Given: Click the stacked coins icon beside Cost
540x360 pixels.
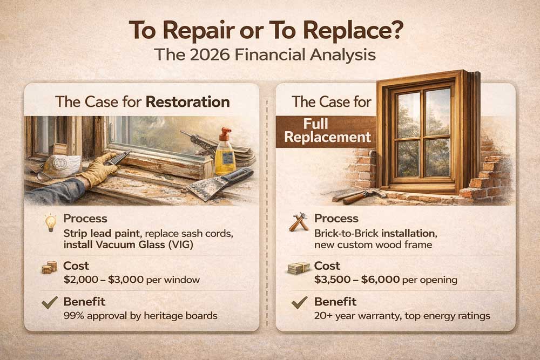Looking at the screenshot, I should (49, 267).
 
